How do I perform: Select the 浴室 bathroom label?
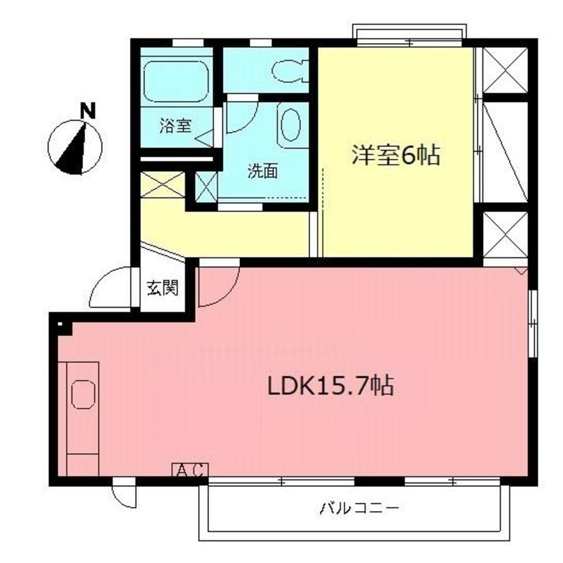tap(175, 126)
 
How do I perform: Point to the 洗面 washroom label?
tap(263, 172)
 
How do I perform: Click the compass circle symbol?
tap(75, 148)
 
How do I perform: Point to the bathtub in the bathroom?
tap(176, 82)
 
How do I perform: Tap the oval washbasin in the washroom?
tap(291, 126)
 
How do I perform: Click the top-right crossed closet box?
tap(505, 70)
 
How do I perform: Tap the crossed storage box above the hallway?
tap(163, 185)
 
